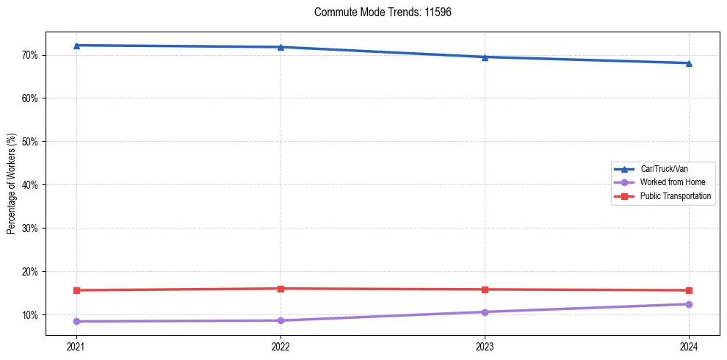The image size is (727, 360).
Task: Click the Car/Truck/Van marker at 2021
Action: tap(76, 46)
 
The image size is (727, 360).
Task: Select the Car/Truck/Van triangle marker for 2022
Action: tap(281, 47)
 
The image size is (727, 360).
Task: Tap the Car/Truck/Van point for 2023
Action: tap(485, 57)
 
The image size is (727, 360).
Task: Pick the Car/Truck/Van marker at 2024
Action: tap(689, 63)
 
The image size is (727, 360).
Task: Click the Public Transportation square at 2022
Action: tap(281, 289)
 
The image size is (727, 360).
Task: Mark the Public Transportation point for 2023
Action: tap(485, 289)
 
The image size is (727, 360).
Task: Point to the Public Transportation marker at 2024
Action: tap(689, 290)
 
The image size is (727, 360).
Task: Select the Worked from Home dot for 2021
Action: tap(76, 321)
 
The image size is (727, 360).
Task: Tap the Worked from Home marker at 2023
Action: tap(485, 312)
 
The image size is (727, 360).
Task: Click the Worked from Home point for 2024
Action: tap(689, 304)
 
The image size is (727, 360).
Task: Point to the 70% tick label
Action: tap(30, 55)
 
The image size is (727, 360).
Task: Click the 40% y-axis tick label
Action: tap(30, 185)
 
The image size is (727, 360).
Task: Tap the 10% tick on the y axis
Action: tap(30, 315)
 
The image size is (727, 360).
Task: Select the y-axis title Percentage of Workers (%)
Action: tap(12, 184)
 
